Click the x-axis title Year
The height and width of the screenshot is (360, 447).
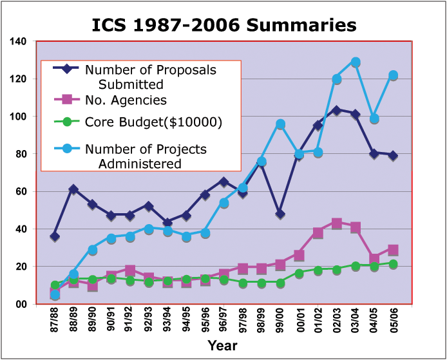coord(222,346)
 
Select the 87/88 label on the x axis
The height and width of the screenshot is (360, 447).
coord(55,320)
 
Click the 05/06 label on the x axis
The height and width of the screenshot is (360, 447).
coord(392,320)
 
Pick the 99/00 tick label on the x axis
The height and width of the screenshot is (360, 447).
coord(280,320)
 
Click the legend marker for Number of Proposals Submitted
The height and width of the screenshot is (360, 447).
coord(67,69)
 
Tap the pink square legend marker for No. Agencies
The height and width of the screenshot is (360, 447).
coord(67,99)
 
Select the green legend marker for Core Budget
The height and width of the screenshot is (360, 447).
coord(67,121)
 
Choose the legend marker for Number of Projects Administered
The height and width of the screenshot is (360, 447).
coord(67,149)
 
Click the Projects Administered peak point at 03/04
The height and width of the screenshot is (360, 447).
coord(355,62)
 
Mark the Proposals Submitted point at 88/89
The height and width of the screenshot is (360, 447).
coord(73,189)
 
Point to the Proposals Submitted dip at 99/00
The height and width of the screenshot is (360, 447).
coord(280,214)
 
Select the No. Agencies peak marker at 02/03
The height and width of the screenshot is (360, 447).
coord(336,223)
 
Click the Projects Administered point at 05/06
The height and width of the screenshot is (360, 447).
coord(392,75)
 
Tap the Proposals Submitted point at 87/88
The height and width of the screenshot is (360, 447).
coord(55,236)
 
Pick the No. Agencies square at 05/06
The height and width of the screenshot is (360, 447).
coord(392,250)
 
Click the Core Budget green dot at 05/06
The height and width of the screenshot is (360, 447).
coord(392,264)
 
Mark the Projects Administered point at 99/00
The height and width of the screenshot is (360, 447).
coord(280,124)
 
